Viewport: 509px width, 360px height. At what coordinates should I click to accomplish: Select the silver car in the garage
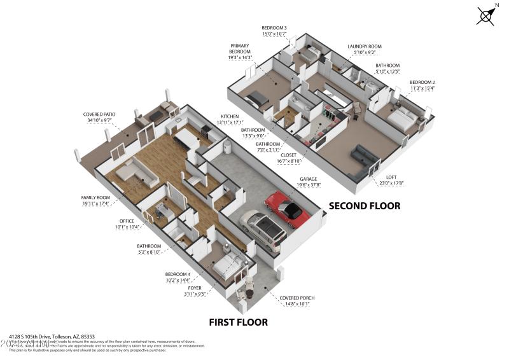[262, 227]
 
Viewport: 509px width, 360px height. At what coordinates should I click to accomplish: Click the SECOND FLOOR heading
[364, 205]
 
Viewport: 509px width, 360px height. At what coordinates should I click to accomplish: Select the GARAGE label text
[310, 179]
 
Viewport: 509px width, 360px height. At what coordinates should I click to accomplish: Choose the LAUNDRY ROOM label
[364, 46]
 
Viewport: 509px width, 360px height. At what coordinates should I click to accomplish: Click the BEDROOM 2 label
[422, 83]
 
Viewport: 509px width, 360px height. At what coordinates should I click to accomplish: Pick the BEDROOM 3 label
[274, 28]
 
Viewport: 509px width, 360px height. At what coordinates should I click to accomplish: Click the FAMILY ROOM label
[95, 198]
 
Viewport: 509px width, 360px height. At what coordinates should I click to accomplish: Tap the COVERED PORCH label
[298, 298]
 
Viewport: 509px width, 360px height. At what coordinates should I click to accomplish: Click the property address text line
[52, 336]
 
